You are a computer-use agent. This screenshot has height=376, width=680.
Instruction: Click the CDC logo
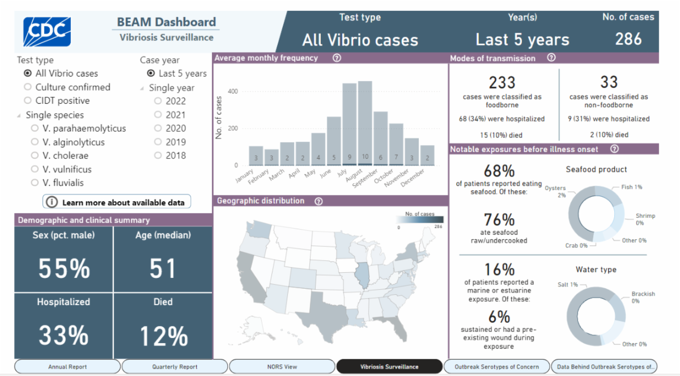click(x=46, y=31)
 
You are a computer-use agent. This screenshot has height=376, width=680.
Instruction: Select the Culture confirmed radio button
click(x=28, y=87)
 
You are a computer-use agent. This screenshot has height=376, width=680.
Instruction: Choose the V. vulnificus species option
click(x=35, y=169)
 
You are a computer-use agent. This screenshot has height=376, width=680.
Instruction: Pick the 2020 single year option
click(x=158, y=128)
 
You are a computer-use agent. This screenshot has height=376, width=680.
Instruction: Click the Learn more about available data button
click(x=117, y=202)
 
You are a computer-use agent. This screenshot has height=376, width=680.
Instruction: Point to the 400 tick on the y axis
click(x=232, y=91)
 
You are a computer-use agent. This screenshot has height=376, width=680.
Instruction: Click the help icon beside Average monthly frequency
click(x=337, y=58)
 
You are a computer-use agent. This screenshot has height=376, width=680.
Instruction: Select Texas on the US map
click(x=321, y=312)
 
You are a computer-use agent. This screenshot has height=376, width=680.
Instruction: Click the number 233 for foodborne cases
click(x=501, y=83)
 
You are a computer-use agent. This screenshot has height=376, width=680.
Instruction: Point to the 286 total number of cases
click(x=628, y=39)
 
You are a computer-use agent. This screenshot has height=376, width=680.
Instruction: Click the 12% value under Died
click(x=163, y=337)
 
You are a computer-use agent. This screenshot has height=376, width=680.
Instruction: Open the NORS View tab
click(x=282, y=367)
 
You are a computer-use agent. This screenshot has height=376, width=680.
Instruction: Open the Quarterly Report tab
click(x=175, y=367)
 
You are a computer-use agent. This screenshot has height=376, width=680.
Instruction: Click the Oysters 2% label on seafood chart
click(x=555, y=192)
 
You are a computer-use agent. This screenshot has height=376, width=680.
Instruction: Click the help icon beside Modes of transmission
click(x=551, y=58)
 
